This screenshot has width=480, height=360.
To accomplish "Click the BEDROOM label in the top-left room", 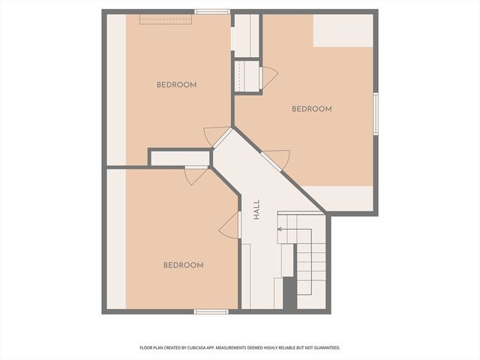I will [x=176, y=85].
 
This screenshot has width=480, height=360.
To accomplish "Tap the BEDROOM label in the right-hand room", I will [x=311, y=109].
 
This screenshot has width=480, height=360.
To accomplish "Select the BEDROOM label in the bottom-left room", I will [x=184, y=265].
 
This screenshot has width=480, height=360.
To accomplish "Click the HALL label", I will [x=256, y=208].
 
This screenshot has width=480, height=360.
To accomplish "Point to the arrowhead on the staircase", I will [x=280, y=229].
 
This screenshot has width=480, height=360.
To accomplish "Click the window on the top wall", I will [x=212, y=11].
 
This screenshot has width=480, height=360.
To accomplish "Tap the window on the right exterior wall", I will [x=375, y=113].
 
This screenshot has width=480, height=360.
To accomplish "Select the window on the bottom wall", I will [x=211, y=311].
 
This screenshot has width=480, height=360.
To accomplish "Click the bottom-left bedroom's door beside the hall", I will [x=229, y=225].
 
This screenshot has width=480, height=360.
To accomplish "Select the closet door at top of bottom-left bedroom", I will [x=196, y=175].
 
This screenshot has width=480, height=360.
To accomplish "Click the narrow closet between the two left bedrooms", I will [x=179, y=158].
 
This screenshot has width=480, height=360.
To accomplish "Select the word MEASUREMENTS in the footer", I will [x=241, y=348].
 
